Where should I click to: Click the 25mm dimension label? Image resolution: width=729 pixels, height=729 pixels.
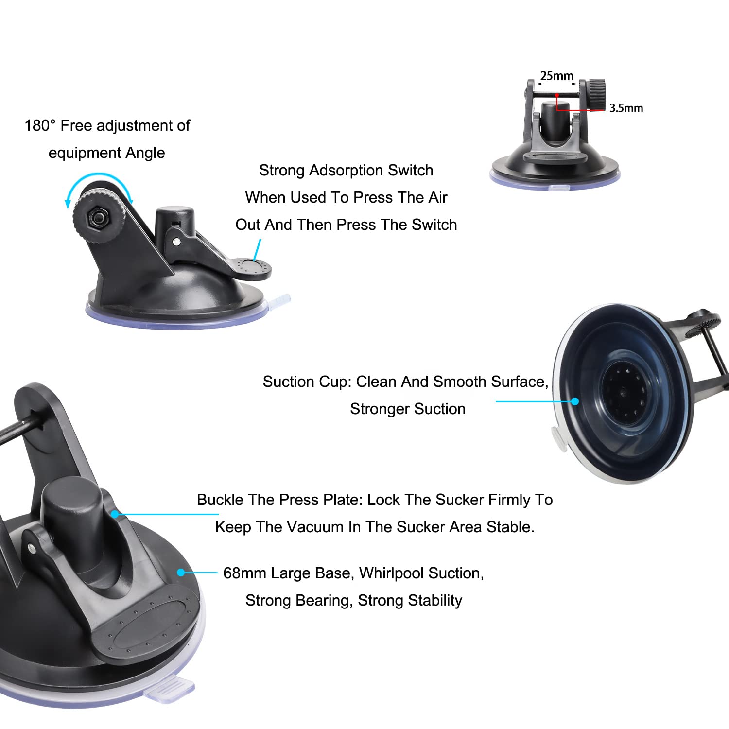pos(556,76)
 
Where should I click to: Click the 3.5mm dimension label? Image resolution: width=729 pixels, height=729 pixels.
pos(626,108)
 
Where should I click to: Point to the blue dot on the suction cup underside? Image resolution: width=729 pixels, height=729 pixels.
pos(575,401)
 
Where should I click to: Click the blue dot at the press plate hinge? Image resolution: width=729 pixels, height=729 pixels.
pos(115,514)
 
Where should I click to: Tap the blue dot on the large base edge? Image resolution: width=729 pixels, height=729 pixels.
pos(181,573)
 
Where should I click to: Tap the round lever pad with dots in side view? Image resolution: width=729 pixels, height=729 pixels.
pos(252,267)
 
